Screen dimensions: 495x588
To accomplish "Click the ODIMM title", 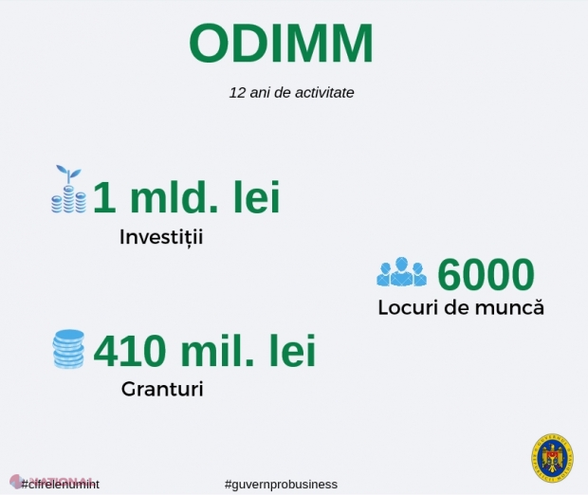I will [281, 43].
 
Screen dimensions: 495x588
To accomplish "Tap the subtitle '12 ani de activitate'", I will [291, 94].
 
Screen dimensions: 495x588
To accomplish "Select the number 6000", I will [487, 275].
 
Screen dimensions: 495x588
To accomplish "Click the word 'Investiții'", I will [161, 236].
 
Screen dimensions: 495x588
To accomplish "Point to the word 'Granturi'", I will [162, 389].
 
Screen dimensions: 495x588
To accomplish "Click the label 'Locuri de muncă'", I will [461, 308].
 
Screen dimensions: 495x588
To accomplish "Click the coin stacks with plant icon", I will [68, 190].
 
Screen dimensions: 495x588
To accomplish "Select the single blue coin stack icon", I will [68, 348].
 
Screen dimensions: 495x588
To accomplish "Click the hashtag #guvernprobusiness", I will [281, 484].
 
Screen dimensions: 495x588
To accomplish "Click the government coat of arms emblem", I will [551, 458].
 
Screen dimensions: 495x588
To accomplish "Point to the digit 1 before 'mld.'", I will [105, 198].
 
